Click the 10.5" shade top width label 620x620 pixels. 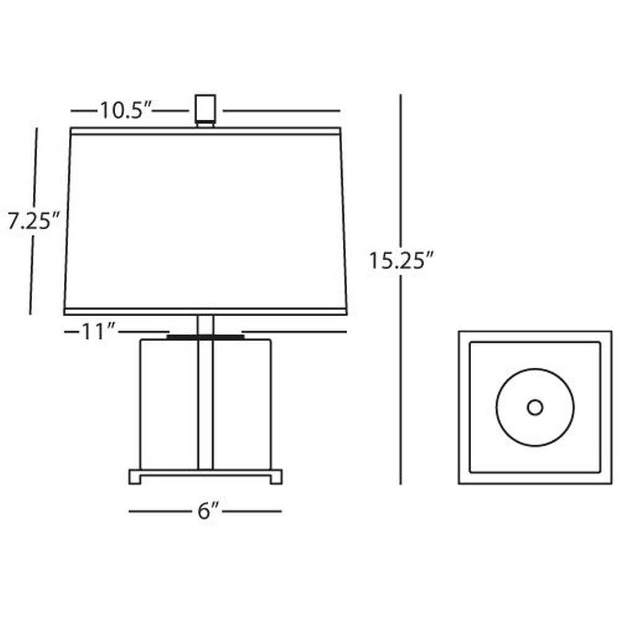[x=126, y=110]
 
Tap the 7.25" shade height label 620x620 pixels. [x=33, y=221]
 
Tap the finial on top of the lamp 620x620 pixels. [x=205, y=110]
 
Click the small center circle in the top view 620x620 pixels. [x=535, y=407]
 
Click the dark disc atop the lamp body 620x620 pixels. [x=205, y=337]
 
